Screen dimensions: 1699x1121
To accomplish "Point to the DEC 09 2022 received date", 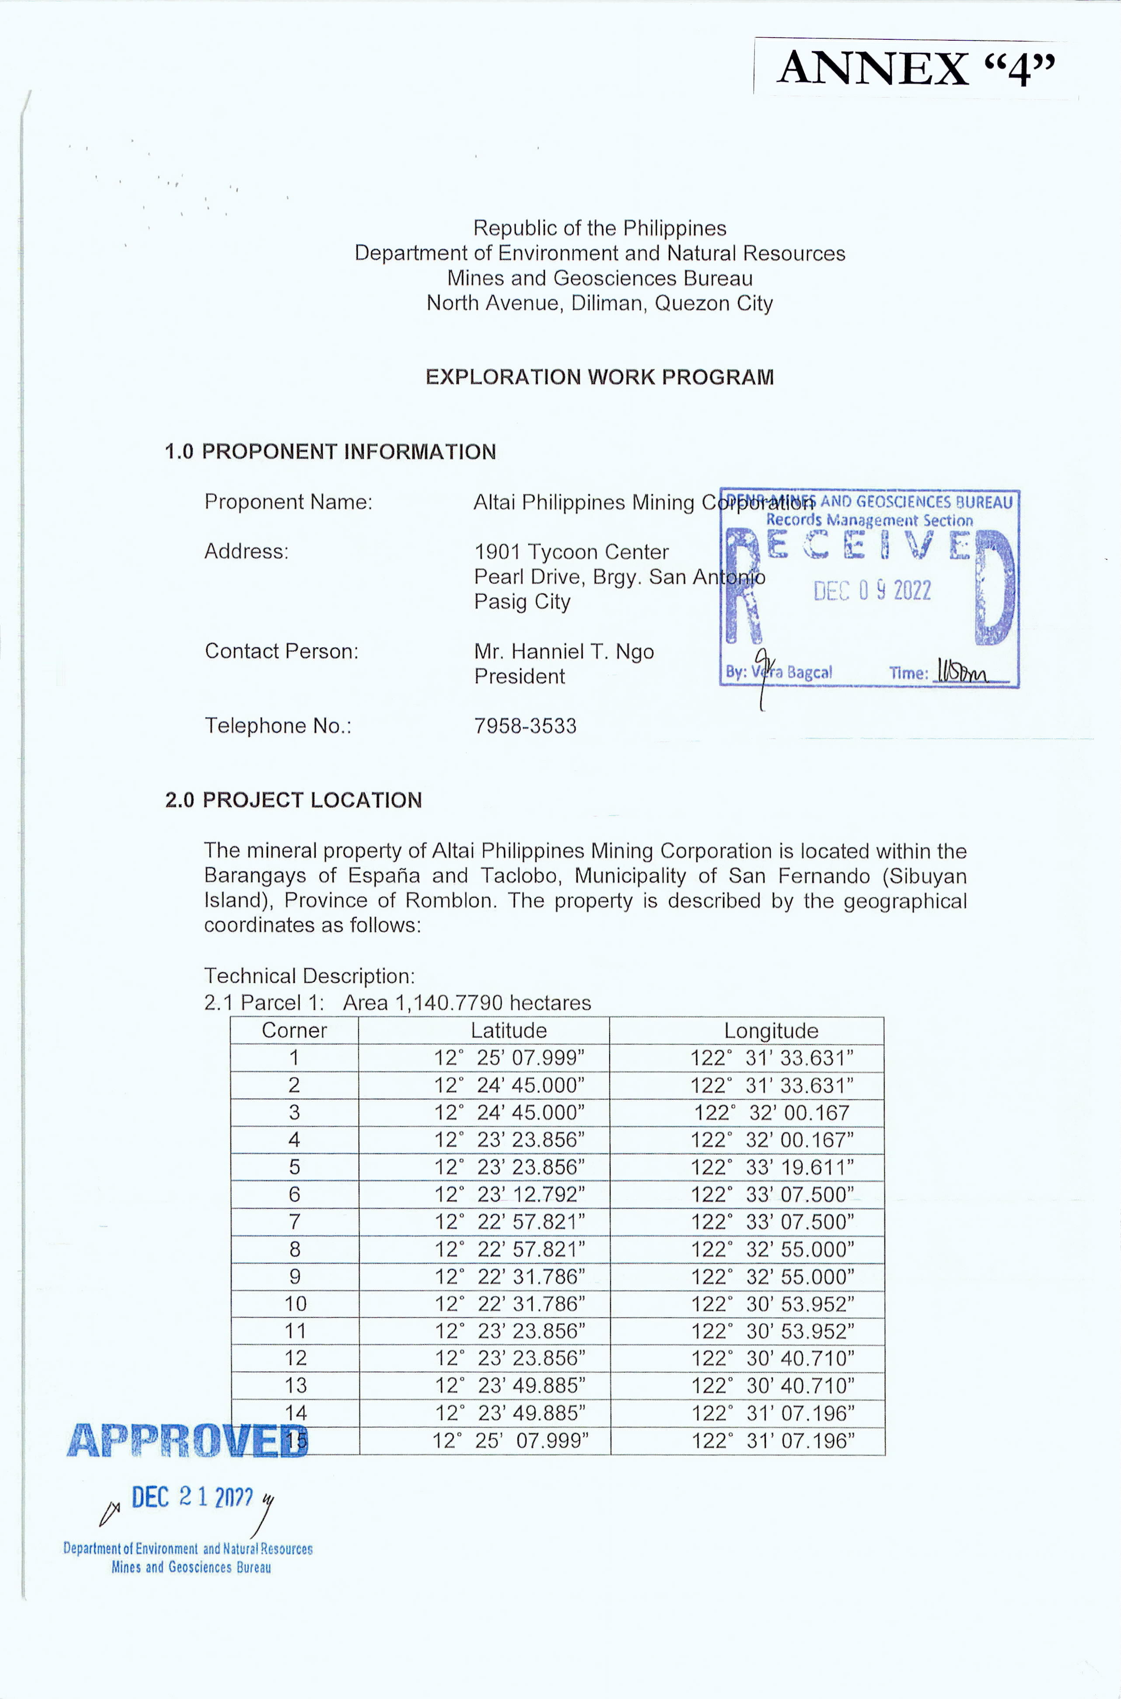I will coord(872,590).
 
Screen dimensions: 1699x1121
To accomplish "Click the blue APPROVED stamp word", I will coord(187,1440).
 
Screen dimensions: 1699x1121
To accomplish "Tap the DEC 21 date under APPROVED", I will coord(192,1496).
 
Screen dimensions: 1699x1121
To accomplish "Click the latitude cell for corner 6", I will coord(510,1194).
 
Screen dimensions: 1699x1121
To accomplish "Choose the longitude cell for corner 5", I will coord(772,1167).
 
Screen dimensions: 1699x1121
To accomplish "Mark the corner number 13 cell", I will coord(295,1385).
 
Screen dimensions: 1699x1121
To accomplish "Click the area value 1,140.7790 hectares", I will coord(467,1003).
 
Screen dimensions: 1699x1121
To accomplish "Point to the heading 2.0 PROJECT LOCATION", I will coord(293,800).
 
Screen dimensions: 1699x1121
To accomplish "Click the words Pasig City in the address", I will coord(522,602).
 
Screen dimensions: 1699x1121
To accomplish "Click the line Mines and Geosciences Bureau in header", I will coord(599,278).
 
